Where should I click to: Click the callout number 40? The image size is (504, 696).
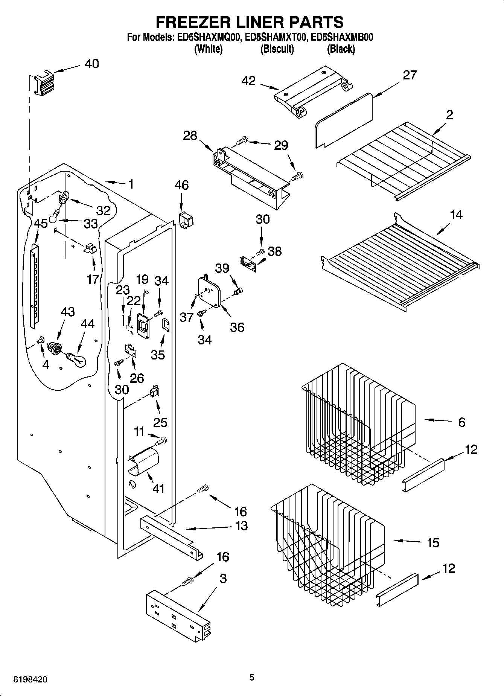[x=91, y=64]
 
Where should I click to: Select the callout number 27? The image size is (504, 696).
[x=410, y=75]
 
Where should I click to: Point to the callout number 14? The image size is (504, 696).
[x=456, y=215]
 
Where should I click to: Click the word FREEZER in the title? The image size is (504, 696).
[x=192, y=22]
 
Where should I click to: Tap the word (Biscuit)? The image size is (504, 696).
[x=277, y=49]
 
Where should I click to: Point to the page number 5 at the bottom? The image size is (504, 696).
[x=251, y=678]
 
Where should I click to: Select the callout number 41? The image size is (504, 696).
[x=158, y=489]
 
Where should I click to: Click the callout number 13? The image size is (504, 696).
[x=241, y=525]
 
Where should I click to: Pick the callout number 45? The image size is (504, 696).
[x=41, y=223]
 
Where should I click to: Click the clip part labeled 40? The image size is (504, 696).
[x=44, y=85]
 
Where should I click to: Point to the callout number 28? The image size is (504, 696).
[x=190, y=136]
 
